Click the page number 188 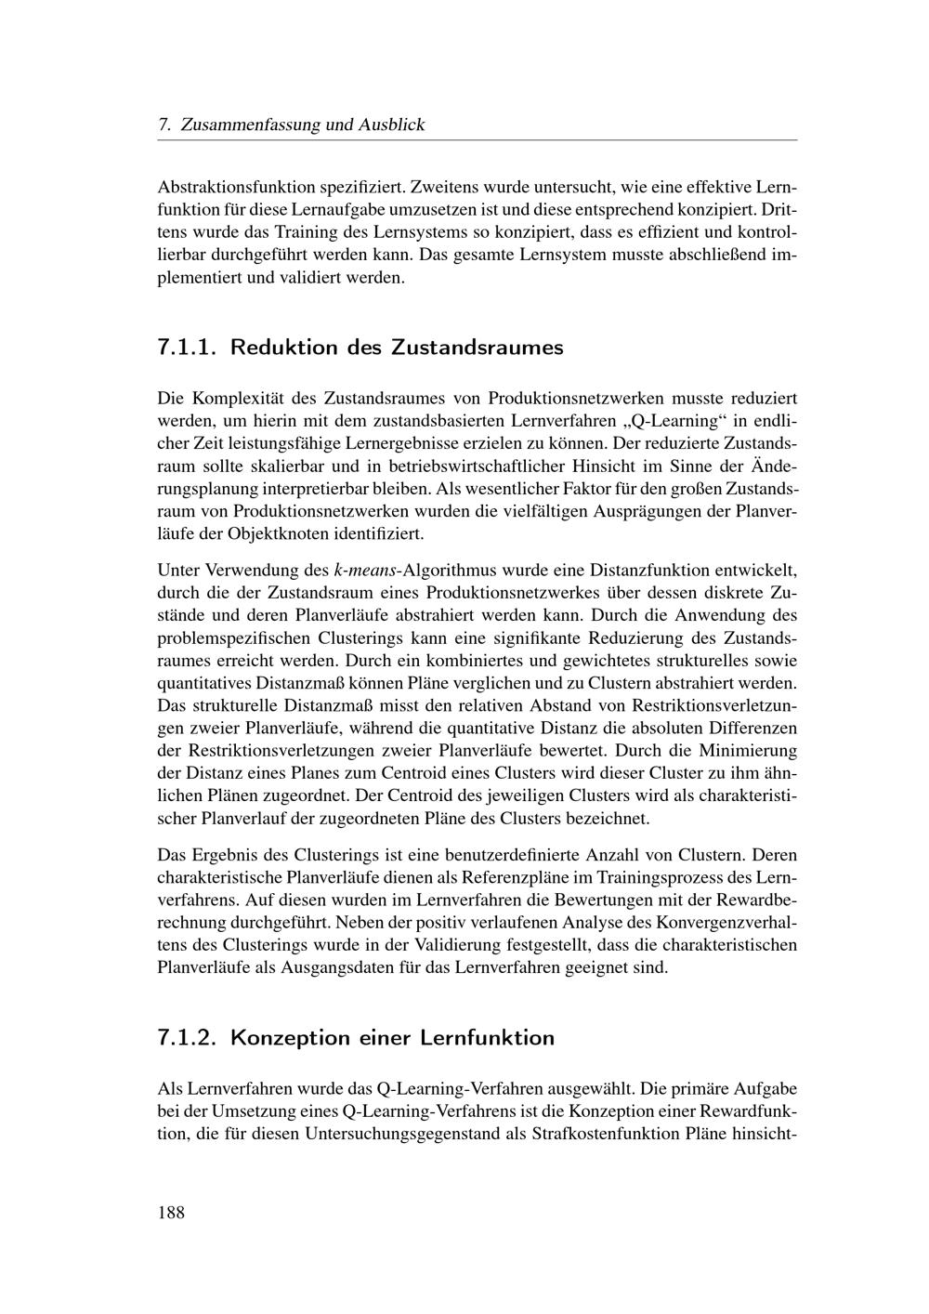[171, 1212]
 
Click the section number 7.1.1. [188, 348]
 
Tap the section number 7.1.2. [188, 1037]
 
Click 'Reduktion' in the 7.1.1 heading [283, 348]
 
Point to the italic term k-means [364, 570]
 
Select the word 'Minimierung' [747, 750]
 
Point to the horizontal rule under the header [478, 140]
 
